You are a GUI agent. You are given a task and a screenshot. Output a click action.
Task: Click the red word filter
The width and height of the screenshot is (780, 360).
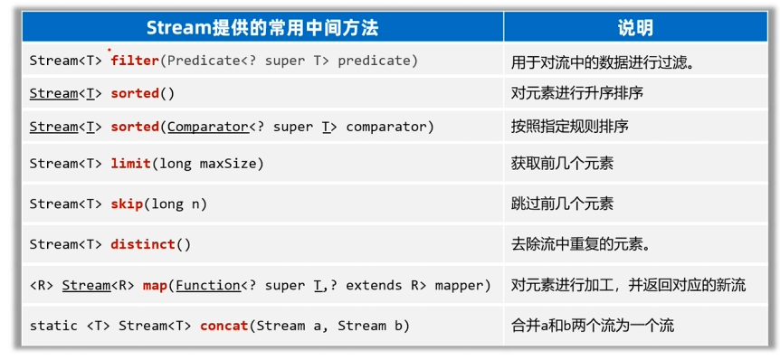134,61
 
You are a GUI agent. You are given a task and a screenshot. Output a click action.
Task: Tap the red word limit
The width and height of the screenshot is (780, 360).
130,163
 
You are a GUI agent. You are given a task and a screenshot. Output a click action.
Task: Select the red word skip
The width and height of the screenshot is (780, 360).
127,204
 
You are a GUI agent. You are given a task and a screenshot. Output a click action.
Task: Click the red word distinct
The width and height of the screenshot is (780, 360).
143,244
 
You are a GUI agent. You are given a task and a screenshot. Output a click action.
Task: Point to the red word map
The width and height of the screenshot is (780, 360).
155,286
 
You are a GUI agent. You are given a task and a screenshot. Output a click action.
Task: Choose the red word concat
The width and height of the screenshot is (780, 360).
224,327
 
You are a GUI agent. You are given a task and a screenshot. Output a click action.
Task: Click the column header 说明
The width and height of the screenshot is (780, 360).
635,28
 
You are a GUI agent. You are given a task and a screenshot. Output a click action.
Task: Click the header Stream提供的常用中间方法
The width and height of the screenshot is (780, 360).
262,28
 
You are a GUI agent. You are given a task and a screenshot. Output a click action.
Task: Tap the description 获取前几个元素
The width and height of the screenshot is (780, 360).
562,163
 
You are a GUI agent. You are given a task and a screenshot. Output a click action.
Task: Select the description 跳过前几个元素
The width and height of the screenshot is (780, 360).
562,204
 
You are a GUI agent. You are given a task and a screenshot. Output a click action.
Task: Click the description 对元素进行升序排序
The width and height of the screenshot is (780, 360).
577,93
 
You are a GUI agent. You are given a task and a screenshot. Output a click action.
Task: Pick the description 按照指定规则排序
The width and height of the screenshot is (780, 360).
569,127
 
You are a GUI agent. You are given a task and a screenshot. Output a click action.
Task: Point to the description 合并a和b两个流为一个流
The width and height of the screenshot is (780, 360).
593,327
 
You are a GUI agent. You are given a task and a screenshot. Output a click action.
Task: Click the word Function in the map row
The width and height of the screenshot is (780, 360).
208,286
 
